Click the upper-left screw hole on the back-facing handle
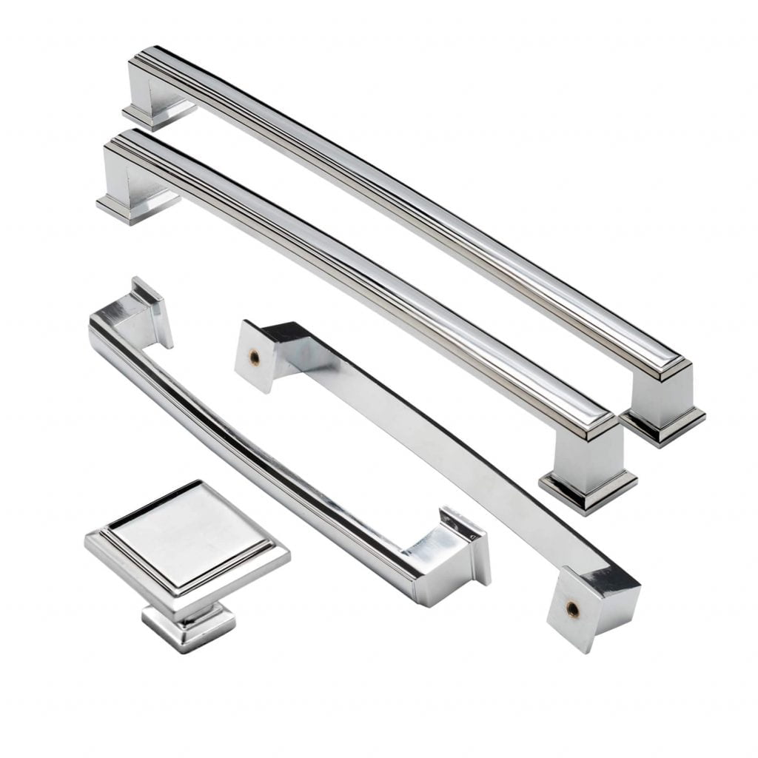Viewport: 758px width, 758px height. (254, 358)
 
